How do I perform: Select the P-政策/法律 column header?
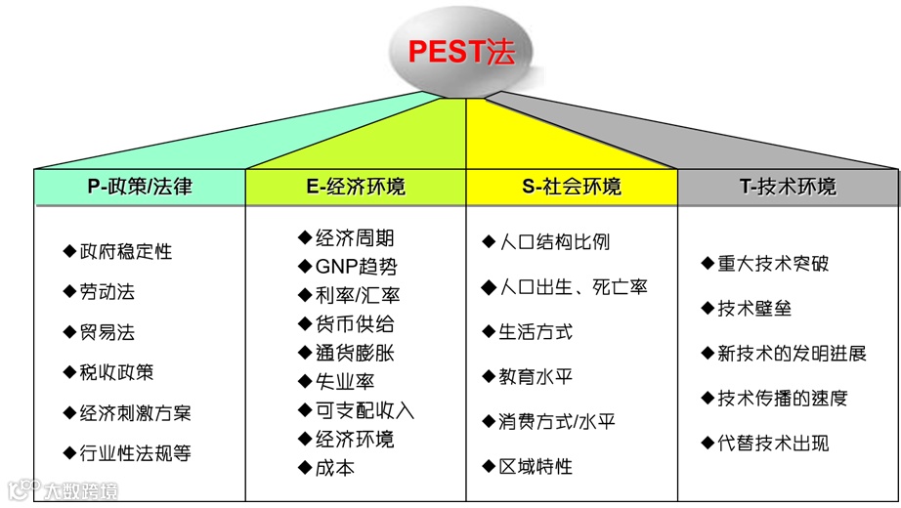139,187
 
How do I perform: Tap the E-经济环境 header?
354,187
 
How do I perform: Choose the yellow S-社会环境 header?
571,187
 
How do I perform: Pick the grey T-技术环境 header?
788,187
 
